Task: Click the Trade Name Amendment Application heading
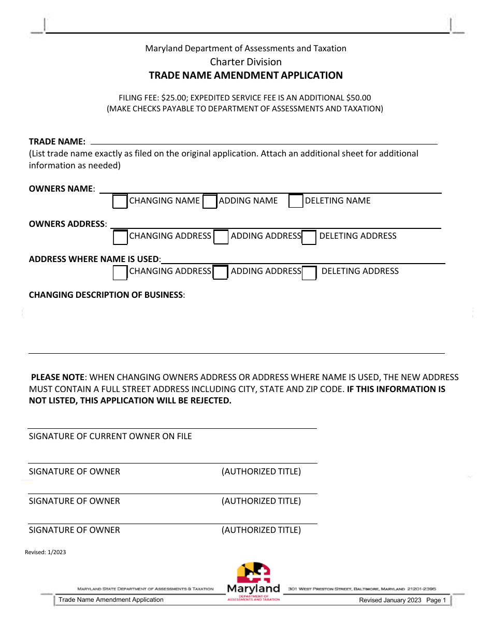(x=245, y=76)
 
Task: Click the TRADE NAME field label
(x=57, y=141)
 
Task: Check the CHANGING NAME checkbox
(x=120, y=201)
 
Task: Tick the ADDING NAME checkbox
(x=210, y=201)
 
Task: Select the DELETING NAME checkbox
(x=296, y=201)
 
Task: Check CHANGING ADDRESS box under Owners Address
(x=120, y=237)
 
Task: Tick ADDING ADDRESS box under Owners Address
(x=221, y=237)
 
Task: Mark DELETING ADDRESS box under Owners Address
(x=309, y=237)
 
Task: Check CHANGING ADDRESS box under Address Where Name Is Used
(x=120, y=272)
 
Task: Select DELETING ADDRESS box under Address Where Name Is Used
(x=309, y=272)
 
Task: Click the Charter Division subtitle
(x=245, y=62)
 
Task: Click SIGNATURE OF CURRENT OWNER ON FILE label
(x=110, y=436)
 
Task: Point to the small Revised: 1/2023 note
(x=46, y=552)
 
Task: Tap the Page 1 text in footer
(x=436, y=600)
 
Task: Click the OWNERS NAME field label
(x=61, y=189)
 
